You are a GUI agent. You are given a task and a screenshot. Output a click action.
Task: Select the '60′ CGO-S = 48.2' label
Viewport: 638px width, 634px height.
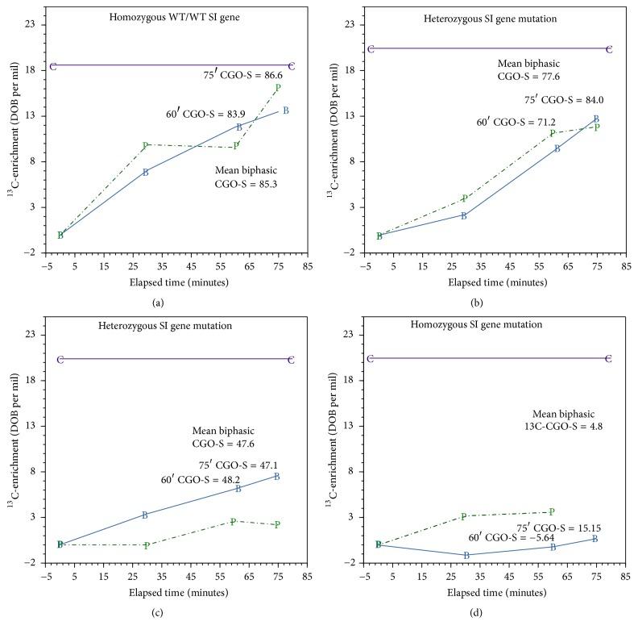194,479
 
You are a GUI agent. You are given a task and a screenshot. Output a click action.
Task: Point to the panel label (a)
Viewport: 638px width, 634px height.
158,302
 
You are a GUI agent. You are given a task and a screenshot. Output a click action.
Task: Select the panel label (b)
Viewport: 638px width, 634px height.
477,302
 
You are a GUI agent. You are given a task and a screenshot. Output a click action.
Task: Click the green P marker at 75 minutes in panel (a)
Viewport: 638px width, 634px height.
278,88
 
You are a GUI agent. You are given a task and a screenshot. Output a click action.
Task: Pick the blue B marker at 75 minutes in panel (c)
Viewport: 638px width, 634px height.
277,477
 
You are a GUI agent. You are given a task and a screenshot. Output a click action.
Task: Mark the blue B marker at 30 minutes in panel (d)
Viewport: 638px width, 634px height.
466,555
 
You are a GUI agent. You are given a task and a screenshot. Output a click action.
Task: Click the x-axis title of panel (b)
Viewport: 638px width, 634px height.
496,283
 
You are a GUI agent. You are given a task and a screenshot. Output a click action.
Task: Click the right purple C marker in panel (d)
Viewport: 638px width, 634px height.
608,359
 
